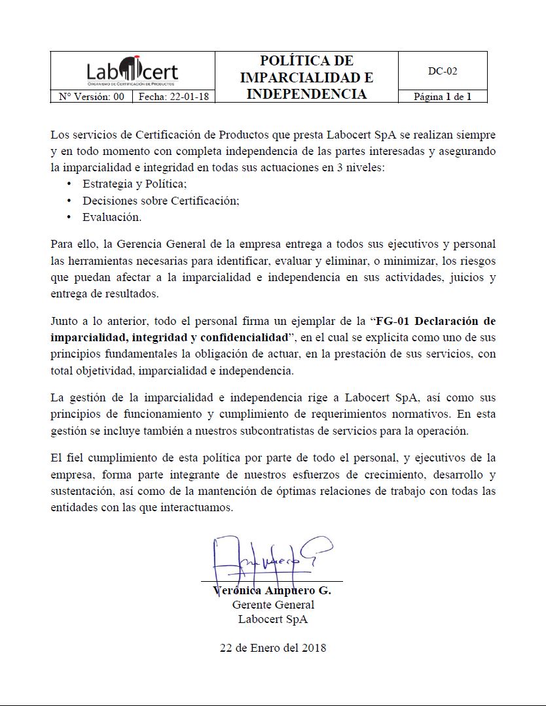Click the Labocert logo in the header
pos(132,71)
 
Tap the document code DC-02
pos(443,71)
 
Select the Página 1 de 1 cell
pos(443,97)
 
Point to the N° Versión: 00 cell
pos(91,97)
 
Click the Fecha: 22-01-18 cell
pos(173,97)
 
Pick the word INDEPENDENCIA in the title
pos(306,94)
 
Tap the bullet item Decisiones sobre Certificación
pos(161,201)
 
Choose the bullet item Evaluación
pos(112,217)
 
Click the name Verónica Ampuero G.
pos(272,590)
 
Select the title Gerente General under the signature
pos(273,605)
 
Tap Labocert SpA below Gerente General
pos(273,619)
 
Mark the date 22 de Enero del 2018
pos(273,648)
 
